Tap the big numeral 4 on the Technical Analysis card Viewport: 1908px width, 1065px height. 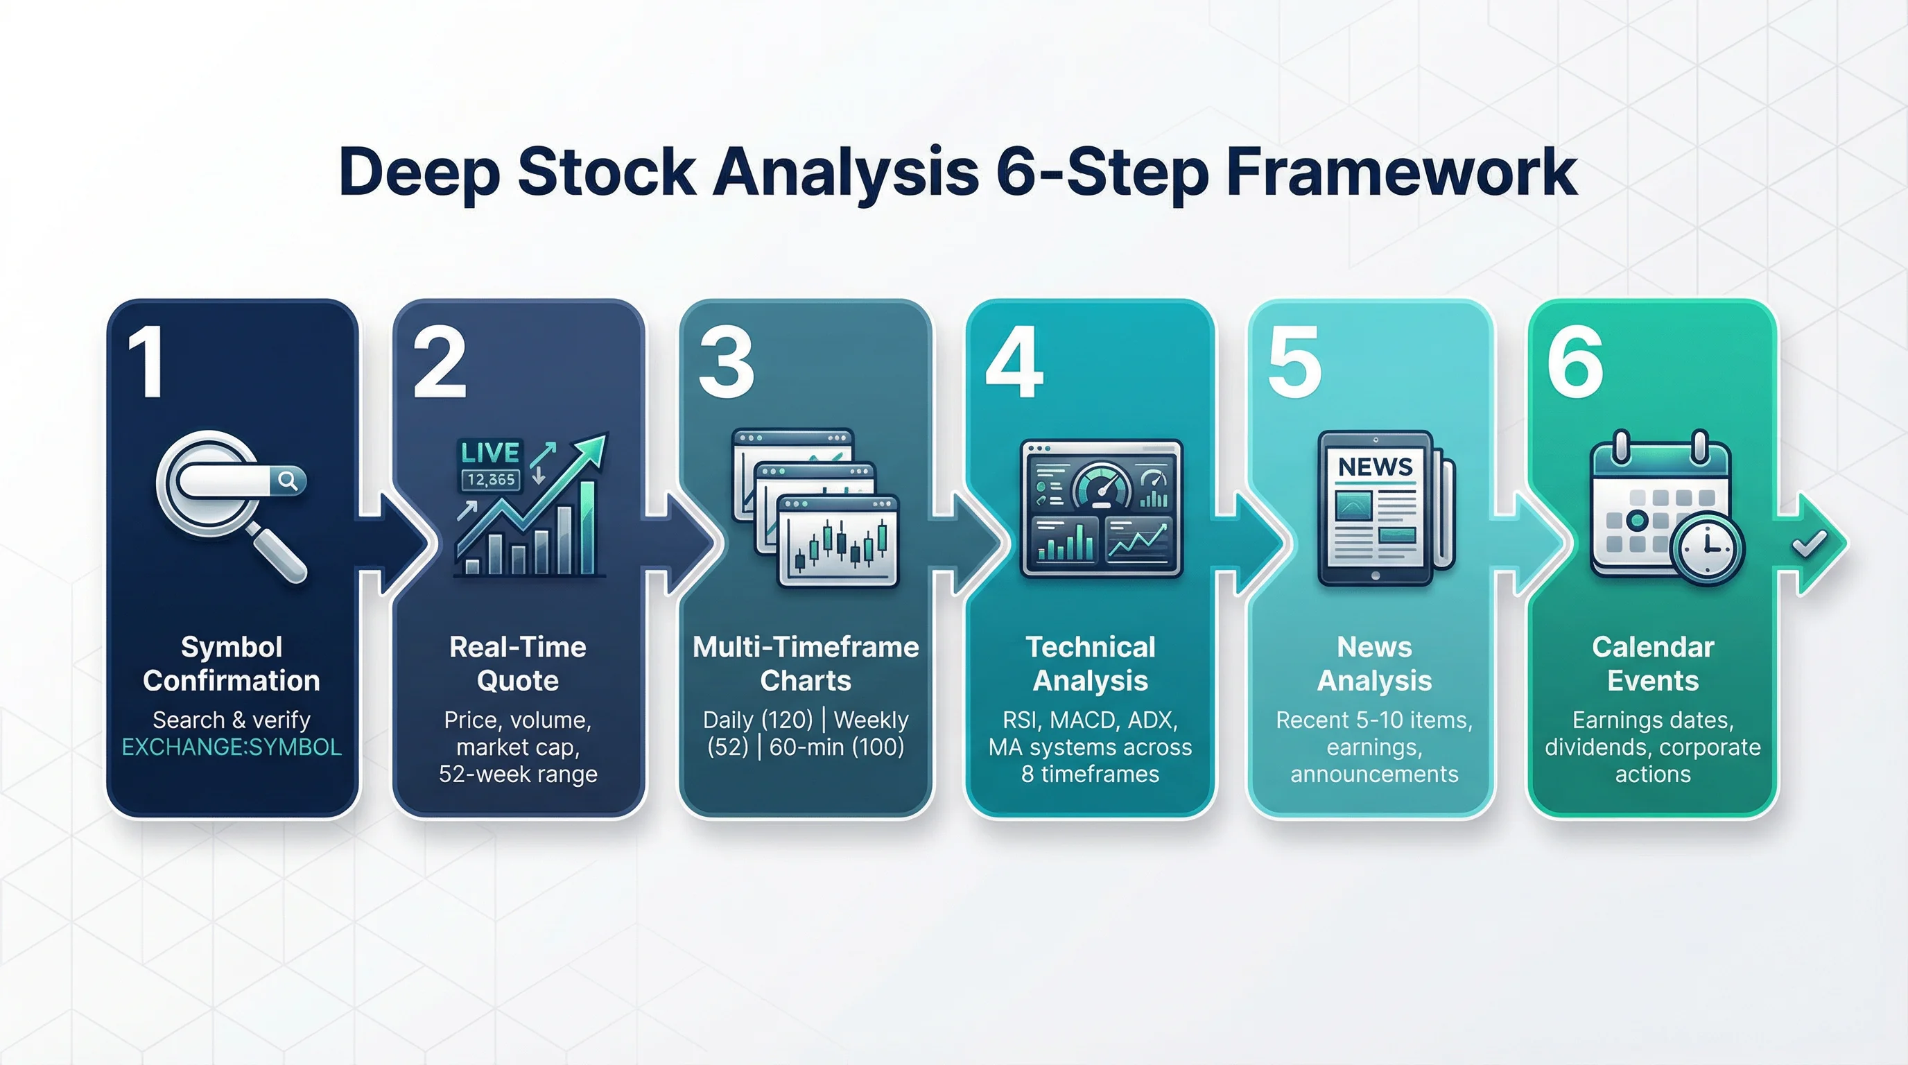(x=1014, y=362)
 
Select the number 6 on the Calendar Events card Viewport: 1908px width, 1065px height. (x=1575, y=362)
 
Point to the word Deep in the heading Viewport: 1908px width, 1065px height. (x=419, y=173)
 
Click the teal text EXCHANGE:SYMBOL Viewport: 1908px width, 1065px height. (x=231, y=747)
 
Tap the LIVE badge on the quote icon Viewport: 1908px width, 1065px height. (x=489, y=453)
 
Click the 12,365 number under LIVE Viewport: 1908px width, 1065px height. (x=490, y=480)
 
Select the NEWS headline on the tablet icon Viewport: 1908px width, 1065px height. (x=1375, y=467)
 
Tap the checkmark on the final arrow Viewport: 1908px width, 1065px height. (x=1809, y=544)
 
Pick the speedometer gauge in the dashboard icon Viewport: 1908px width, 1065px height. (x=1102, y=486)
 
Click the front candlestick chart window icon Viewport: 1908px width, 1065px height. (x=837, y=541)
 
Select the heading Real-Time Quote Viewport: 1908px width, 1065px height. (x=517, y=664)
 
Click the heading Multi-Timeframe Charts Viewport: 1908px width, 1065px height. (x=805, y=664)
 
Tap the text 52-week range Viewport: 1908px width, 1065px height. (x=517, y=774)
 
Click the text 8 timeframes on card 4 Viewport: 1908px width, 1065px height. (x=1090, y=774)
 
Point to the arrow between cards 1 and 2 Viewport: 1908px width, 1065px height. (x=392, y=544)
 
